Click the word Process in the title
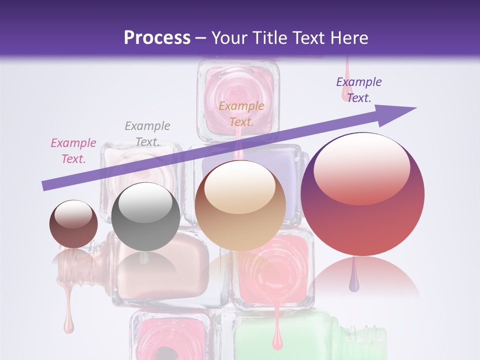[x=157, y=38]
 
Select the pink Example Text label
[x=73, y=150]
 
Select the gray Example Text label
[x=147, y=133]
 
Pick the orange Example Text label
[x=241, y=113]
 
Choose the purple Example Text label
[x=359, y=89]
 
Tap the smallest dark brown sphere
[x=73, y=224]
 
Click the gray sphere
[x=145, y=216]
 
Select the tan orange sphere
[x=240, y=205]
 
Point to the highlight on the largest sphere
[x=361, y=169]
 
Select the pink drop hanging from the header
[x=345, y=90]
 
